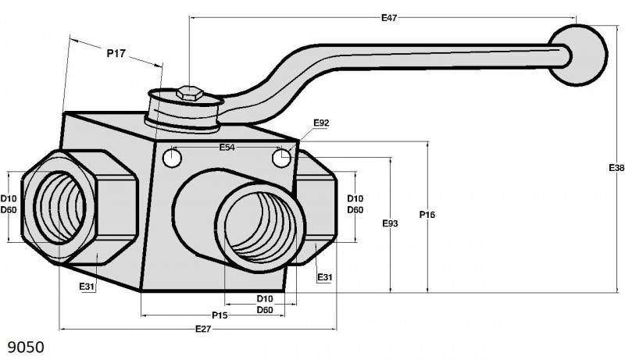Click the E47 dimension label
click(389, 17)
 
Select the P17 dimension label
click(116, 53)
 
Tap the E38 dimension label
click(616, 168)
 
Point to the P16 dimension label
click(427, 215)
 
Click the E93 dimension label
click(390, 223)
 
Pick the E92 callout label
click(321, 123)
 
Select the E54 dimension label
click(227, 148)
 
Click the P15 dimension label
click(220, 315)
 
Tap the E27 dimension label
click(203, 329)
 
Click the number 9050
click(26, 348)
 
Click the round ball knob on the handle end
click(578, 55)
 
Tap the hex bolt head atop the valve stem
click(190, 93)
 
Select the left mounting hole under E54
click(173, 158)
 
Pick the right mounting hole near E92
click(281, 158)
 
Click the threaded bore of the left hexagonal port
click(60, 207)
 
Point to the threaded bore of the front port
click(261, 227)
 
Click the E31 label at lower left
click(87, 286)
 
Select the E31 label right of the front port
click(324, 276)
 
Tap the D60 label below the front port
click(265, 310)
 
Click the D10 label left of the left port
click(9, 198)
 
